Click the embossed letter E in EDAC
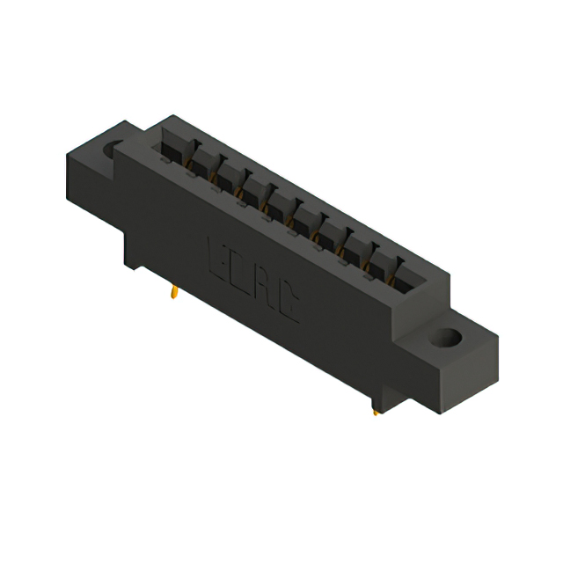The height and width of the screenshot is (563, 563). (217, 259)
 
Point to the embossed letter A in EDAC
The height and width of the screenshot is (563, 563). (267, 289)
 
